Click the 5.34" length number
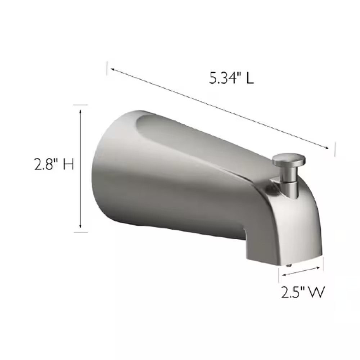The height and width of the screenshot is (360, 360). [x=222, y=78]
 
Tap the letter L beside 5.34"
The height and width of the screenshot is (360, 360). [x=250, y=78]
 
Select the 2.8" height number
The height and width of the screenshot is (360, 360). [x=47, y=164]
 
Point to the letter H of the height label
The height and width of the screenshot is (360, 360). [x=69, y=165]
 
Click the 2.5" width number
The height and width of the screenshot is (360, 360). [x=293, y=292]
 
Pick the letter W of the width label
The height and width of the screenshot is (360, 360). [x=316, y=292]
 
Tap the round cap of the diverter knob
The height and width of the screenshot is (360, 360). [x=289, y=160]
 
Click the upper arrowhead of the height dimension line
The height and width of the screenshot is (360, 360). [x=80, y=112]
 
